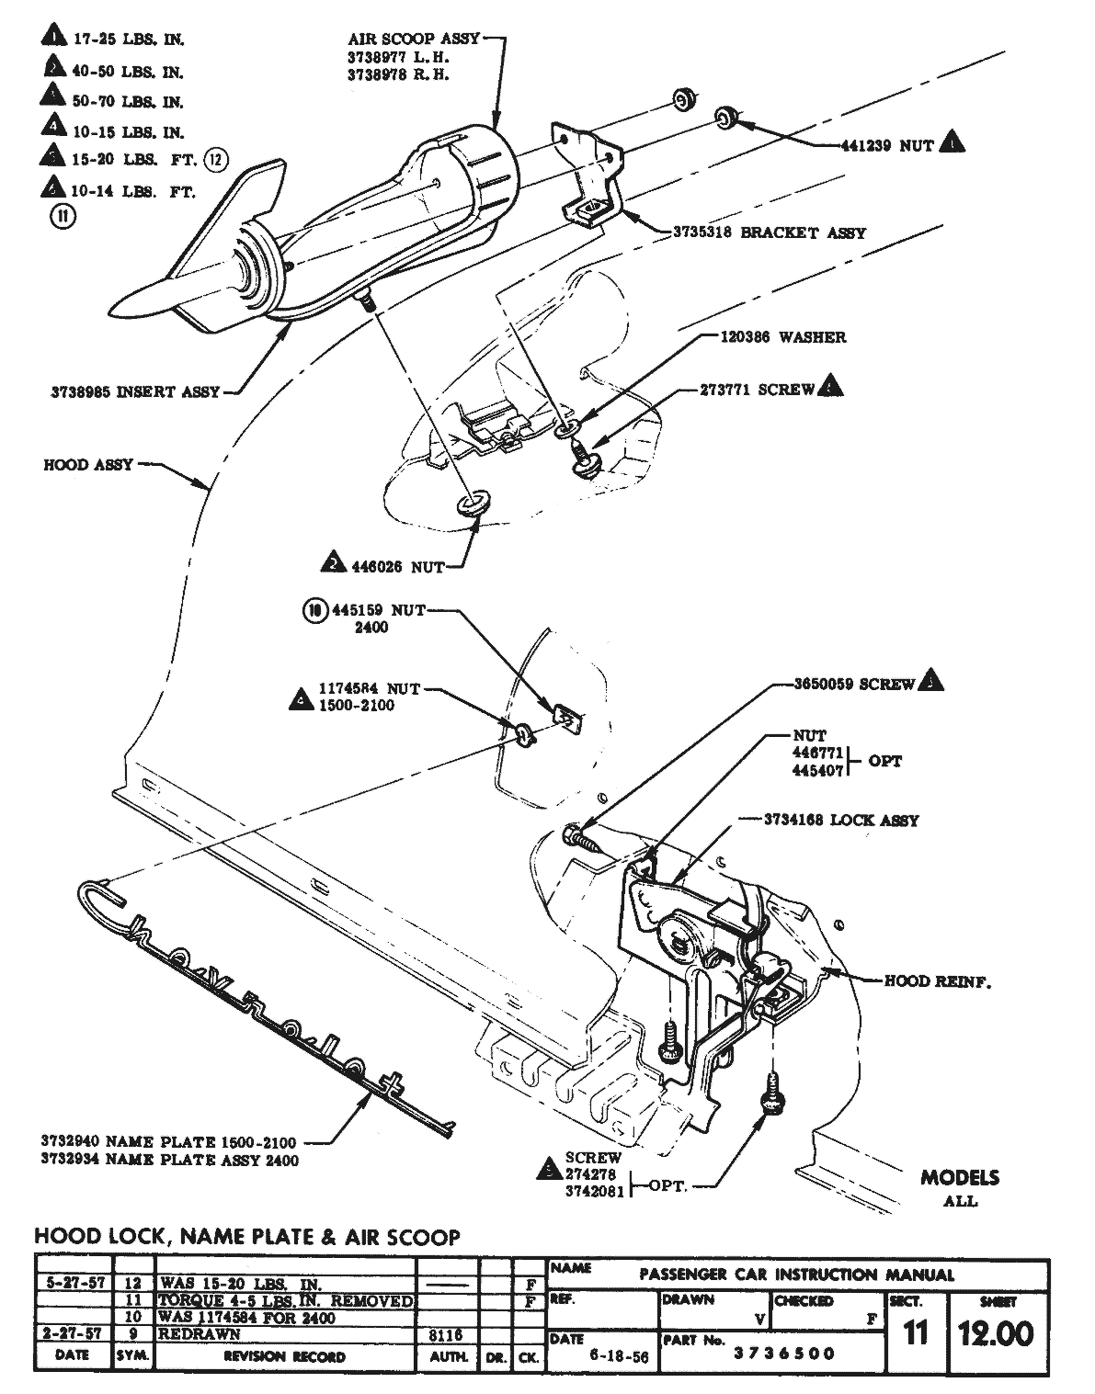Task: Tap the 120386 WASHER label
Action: [782, 337]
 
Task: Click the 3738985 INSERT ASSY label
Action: [135, 391]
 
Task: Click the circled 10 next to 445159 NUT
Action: [314, 609]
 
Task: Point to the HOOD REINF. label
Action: [937, 981]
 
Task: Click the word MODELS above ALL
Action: [960, 1178]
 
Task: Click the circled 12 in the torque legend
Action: [214, 160]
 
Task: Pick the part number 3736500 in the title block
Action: [784, 1353]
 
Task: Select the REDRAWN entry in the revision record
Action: [200, 1334]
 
